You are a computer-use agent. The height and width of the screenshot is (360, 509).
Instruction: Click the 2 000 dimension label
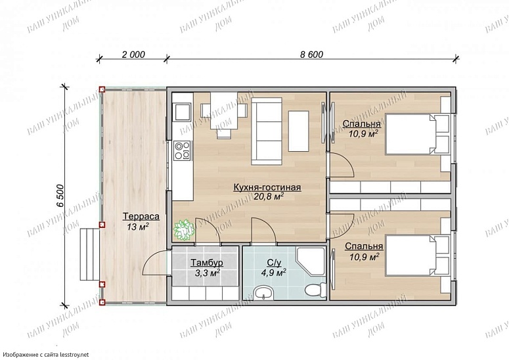coord(133,55)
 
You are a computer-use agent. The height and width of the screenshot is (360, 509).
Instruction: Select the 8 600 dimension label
coord(311,55)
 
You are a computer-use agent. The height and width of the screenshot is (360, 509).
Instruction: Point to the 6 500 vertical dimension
coord(60,196)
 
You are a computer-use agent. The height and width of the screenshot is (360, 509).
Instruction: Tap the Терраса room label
coord(141,216)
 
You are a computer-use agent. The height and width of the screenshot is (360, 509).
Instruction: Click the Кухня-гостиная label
coord(267,187)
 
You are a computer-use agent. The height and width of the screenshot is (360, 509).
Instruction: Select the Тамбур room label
coord(207,262)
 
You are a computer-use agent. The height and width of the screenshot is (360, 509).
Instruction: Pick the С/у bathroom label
coord(274,262)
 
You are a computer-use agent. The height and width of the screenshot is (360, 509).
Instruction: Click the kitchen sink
coord(183,112)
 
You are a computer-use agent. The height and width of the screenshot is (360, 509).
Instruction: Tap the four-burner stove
coord(182,150)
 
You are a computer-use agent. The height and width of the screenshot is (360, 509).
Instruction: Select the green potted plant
coord(183,229)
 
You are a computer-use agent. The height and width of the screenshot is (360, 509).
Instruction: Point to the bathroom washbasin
coord(264,293)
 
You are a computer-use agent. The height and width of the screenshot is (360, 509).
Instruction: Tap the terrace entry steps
coord(89,254)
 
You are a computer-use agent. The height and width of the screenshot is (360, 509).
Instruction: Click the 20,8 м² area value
coord(269,196)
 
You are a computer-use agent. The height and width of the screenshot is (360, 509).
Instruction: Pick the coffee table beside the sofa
coord(298,131)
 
